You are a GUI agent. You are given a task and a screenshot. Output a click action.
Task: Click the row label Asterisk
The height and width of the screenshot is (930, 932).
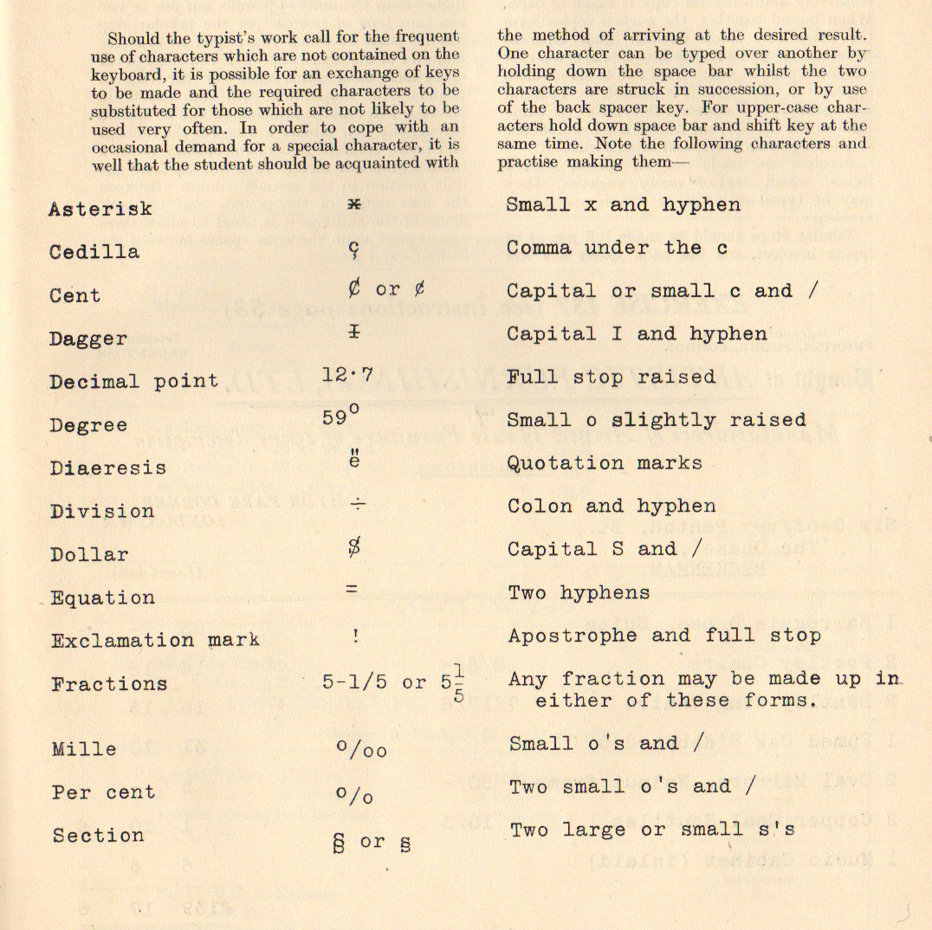click(100, 210)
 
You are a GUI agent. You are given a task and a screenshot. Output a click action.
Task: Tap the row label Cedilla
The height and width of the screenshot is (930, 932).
click(94, 252)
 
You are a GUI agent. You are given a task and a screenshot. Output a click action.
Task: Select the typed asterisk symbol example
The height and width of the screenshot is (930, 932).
click(353, 204)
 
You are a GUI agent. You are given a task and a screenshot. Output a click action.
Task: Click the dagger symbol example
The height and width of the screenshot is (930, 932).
click(354, 333)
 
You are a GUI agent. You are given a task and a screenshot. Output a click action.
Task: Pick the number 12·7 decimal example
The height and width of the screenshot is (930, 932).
click(346, 376)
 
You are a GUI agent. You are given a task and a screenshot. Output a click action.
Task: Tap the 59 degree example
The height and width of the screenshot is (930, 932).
click(340, 417)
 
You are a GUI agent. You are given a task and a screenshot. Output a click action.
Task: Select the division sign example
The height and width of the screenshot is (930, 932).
click(355, 504)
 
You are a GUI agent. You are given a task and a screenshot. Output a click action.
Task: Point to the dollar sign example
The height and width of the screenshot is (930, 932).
click(354, 547)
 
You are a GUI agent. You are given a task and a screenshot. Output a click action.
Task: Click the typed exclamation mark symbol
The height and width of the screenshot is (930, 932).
click(355, 635)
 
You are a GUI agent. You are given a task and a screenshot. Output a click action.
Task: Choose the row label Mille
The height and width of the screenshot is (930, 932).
click(83, 749)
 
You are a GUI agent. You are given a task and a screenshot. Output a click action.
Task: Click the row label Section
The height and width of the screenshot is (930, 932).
click(97, 836)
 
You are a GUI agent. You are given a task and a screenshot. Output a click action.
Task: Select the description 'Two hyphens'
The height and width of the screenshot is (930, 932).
click(578, 593)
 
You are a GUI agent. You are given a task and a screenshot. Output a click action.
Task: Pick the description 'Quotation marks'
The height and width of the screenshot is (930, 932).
click(604, 463)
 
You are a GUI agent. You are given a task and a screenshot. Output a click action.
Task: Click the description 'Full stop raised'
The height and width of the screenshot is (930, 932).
click(611, 378)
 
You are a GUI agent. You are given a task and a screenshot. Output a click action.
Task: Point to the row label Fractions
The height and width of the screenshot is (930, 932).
click(108, 684)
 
